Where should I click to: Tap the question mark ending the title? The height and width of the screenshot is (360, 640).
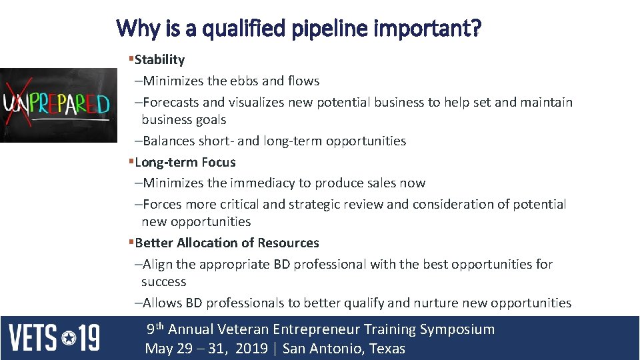(475, 29)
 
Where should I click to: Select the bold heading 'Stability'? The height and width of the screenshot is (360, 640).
(159, 59)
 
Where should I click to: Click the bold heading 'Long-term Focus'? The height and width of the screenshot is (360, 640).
(185, 162)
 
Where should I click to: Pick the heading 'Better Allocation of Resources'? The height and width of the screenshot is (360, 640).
(227, 243)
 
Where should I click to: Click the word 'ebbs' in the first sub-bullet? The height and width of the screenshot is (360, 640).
(244, 81)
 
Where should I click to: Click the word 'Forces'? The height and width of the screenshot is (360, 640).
(163, 204)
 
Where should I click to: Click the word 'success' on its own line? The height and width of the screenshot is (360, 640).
(163, 281)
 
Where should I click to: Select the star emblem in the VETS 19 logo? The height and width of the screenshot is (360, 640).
(69, 338)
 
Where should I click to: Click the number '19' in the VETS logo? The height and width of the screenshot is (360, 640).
(89, 338)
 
